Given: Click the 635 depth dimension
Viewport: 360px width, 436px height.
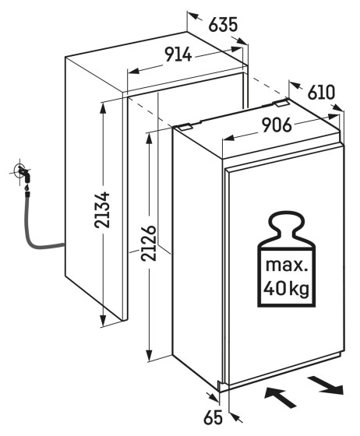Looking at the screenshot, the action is tap(223, 24).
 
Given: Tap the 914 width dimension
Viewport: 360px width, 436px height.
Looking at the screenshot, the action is tap(178, 54).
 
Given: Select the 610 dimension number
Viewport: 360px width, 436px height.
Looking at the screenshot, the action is tap(321, 93).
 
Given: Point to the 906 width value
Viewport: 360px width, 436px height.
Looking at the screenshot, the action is tap(277, 125).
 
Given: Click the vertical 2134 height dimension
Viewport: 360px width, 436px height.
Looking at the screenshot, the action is tap(102, 209).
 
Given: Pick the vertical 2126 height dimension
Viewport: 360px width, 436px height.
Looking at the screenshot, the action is tap(148, 243).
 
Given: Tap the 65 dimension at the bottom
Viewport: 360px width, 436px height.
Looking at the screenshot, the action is tap(214, 417).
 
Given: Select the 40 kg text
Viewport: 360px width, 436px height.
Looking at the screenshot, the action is tap(286, 289).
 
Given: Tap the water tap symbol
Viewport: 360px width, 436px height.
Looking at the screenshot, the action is tap(23, 173).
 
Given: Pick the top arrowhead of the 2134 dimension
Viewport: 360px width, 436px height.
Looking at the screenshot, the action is tap(103, 108).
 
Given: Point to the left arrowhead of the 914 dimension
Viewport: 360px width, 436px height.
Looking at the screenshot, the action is tap(133, 71).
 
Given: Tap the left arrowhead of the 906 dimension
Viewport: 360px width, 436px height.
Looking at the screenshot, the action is tap(228, 137).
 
